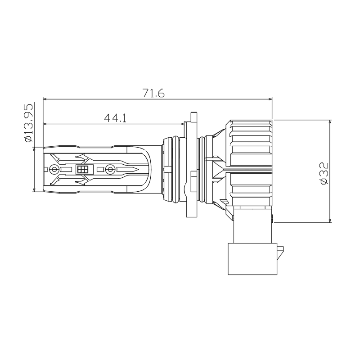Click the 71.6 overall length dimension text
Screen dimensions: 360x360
pos(153,93)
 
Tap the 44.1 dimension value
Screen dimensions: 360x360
pos(115,118)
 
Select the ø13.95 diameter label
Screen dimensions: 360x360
pos(29,123)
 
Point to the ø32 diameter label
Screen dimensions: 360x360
pos(324,173)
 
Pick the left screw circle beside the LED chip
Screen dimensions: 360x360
pos(54,170)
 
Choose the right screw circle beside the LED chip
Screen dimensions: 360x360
pos(110,170)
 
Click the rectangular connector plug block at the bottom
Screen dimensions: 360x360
pos(252,259)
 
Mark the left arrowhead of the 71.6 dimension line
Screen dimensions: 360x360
pos(45,99)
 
